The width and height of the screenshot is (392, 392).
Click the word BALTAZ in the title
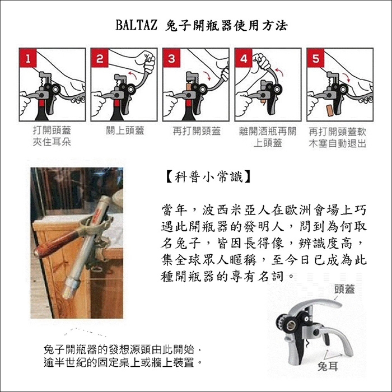point(137,25)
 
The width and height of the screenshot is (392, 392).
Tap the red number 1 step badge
point(28,58)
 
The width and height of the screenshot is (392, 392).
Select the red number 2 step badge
point(100,58)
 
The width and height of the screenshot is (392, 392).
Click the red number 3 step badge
point(171,58)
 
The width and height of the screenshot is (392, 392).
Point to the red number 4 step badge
point(244,58)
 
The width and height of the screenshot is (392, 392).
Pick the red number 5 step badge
point(315,58)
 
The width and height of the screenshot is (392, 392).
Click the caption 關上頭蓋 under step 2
point(125,130)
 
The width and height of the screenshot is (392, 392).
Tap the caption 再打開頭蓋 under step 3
point(197,130)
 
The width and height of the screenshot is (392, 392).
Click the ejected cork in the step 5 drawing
point(330,111)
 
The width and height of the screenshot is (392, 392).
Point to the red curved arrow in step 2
point(133,74)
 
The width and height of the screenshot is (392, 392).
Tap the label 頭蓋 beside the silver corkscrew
point(344,290)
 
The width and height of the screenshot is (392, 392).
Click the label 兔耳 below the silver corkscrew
point(328,366)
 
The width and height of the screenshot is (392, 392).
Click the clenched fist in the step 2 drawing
point(148,60)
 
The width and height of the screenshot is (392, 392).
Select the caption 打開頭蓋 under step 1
point(52,130)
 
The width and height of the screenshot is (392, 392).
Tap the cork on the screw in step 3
point(189,88)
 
